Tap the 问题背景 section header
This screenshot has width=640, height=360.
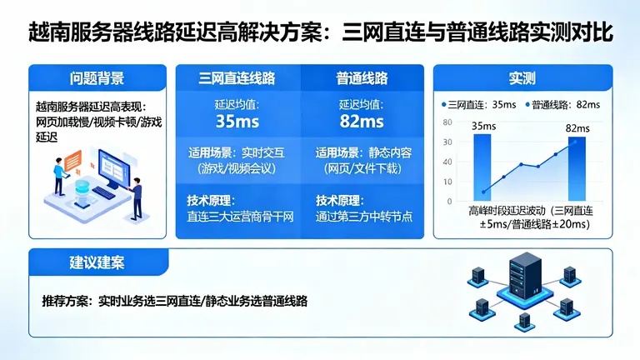coord(97,79)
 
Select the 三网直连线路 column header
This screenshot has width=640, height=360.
coord(237,79)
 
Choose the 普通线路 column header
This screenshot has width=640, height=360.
coord(362,79)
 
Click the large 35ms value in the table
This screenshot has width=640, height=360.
coord(237,121)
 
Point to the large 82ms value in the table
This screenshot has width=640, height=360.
coord(362,121)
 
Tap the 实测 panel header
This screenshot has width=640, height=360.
coord(522,79)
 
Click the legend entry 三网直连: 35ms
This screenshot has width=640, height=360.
coord(479,105)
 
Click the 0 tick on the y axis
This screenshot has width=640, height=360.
coord(450,202)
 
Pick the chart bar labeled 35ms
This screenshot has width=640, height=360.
coord(482,167)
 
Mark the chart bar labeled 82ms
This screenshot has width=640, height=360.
coord(577,167)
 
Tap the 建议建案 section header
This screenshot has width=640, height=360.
coord(97,263)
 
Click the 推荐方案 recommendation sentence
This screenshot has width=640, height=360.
coord(175,302)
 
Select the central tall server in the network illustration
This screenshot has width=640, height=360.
coord(523,280)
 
